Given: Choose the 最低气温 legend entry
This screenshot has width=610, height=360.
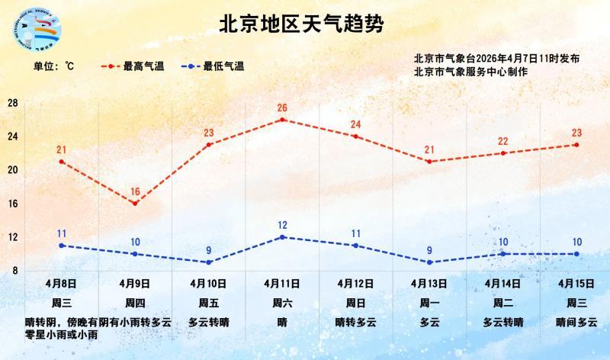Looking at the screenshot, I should point(214,67).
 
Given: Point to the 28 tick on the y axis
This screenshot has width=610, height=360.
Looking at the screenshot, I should point(13,103).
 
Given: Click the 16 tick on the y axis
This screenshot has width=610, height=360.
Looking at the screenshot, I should point(13,204).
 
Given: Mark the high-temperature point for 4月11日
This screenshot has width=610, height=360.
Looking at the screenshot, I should point(282,120).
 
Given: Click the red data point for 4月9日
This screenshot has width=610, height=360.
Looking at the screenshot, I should point(135,204).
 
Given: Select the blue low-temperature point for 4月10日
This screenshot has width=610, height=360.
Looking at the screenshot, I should point(208,262).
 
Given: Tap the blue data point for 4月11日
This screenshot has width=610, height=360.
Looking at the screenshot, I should point(282,237).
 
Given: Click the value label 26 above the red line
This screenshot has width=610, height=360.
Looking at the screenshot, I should point(282,108).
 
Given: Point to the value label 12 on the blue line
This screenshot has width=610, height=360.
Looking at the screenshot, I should point(282,225).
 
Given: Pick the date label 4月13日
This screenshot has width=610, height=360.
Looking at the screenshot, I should point(429,283).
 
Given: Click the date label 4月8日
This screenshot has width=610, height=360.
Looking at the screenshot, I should point(61,283).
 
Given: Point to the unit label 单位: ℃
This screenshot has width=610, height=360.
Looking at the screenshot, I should point(53,67).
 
